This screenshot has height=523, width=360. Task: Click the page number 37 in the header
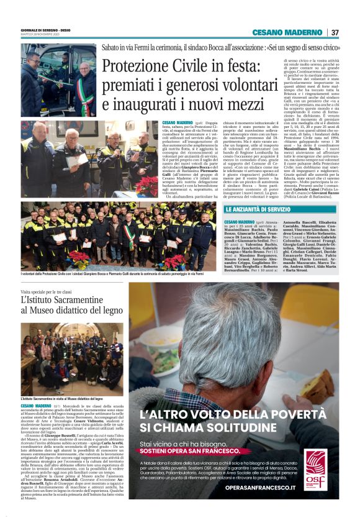(335, 32)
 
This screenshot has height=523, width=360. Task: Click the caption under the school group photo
(61, 398)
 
